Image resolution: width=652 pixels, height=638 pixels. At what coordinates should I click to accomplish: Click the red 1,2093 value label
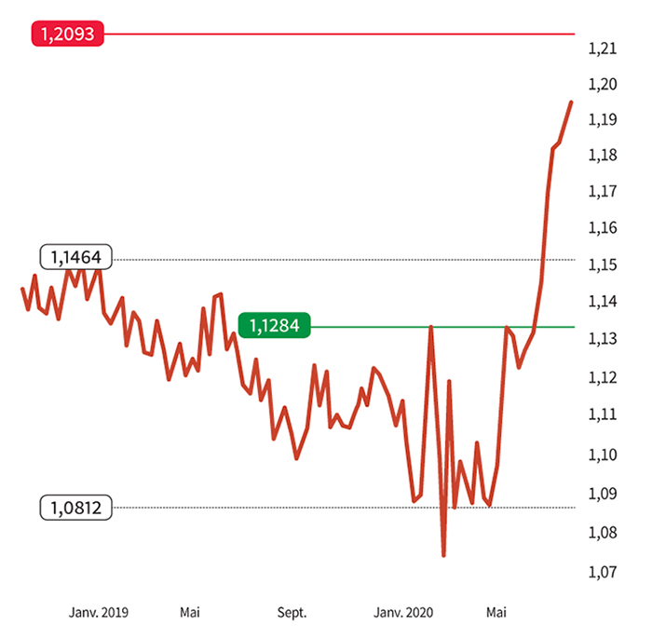pos(69,34)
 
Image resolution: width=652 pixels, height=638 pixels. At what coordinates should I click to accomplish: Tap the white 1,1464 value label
pos(75,257)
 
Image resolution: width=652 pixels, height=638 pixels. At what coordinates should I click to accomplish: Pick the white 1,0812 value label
pos(75,508)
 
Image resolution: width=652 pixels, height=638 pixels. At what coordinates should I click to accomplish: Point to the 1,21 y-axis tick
pos(603,48)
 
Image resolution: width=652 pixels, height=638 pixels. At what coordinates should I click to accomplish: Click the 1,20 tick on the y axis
pos(603,84)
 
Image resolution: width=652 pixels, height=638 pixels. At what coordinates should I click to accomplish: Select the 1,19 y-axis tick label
pos(603,120)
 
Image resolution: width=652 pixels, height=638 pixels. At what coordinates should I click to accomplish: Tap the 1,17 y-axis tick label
pos(603,192)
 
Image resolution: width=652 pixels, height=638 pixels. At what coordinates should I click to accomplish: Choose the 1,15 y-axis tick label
pos(603,265)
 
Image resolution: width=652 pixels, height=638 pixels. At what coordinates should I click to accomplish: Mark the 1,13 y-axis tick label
pos(603,339)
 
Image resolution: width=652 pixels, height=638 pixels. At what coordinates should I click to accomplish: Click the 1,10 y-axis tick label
pos(603,454)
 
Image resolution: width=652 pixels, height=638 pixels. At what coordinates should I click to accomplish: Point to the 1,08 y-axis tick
pos(603,532)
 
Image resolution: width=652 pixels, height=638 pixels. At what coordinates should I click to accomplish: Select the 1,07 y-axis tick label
pos(603,571)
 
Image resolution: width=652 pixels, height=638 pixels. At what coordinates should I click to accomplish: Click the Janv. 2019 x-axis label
pos(99,613)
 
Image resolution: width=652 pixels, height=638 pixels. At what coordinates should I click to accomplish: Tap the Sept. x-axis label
pos(292,613)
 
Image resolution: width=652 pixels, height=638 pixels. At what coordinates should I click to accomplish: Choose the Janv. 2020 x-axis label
pos(403,613)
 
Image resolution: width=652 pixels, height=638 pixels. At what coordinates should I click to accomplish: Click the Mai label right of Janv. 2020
pos(496,613)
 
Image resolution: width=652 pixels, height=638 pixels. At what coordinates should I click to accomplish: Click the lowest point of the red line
pos(443,555)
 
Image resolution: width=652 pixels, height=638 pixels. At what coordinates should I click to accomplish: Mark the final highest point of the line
pos(571,102)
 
